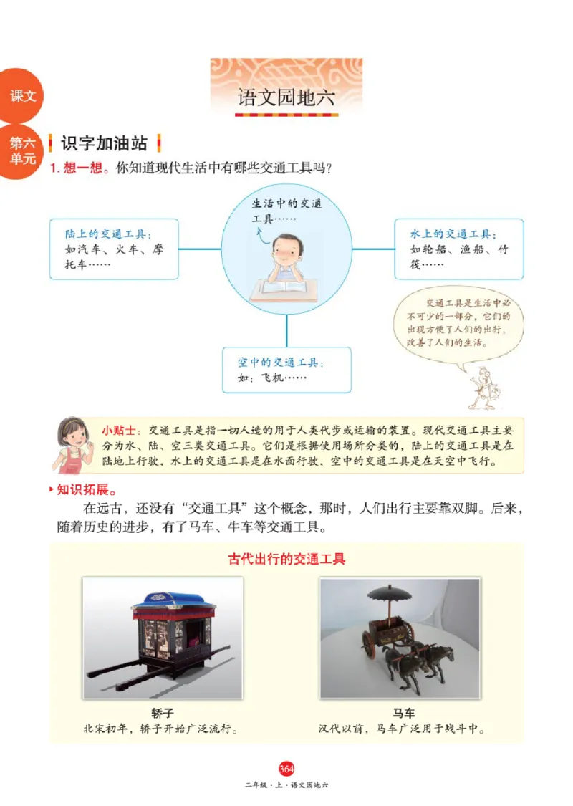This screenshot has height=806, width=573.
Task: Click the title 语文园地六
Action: click(286, 99)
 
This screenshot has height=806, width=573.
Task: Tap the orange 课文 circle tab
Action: click(21, 96)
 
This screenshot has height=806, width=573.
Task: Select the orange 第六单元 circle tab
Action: click(21, 151)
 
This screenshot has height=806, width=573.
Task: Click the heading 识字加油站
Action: click(104, 143)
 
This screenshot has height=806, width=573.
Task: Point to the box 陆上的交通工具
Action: click(114, 249)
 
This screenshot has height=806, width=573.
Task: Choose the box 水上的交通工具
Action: click(458, 249)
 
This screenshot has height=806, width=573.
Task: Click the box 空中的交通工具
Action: click(286, 370)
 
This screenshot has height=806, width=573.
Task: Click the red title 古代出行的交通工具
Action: click(286, 559)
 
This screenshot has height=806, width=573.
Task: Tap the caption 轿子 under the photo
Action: click(162, 714)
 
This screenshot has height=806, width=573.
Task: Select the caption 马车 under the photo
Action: click(403, 714)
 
